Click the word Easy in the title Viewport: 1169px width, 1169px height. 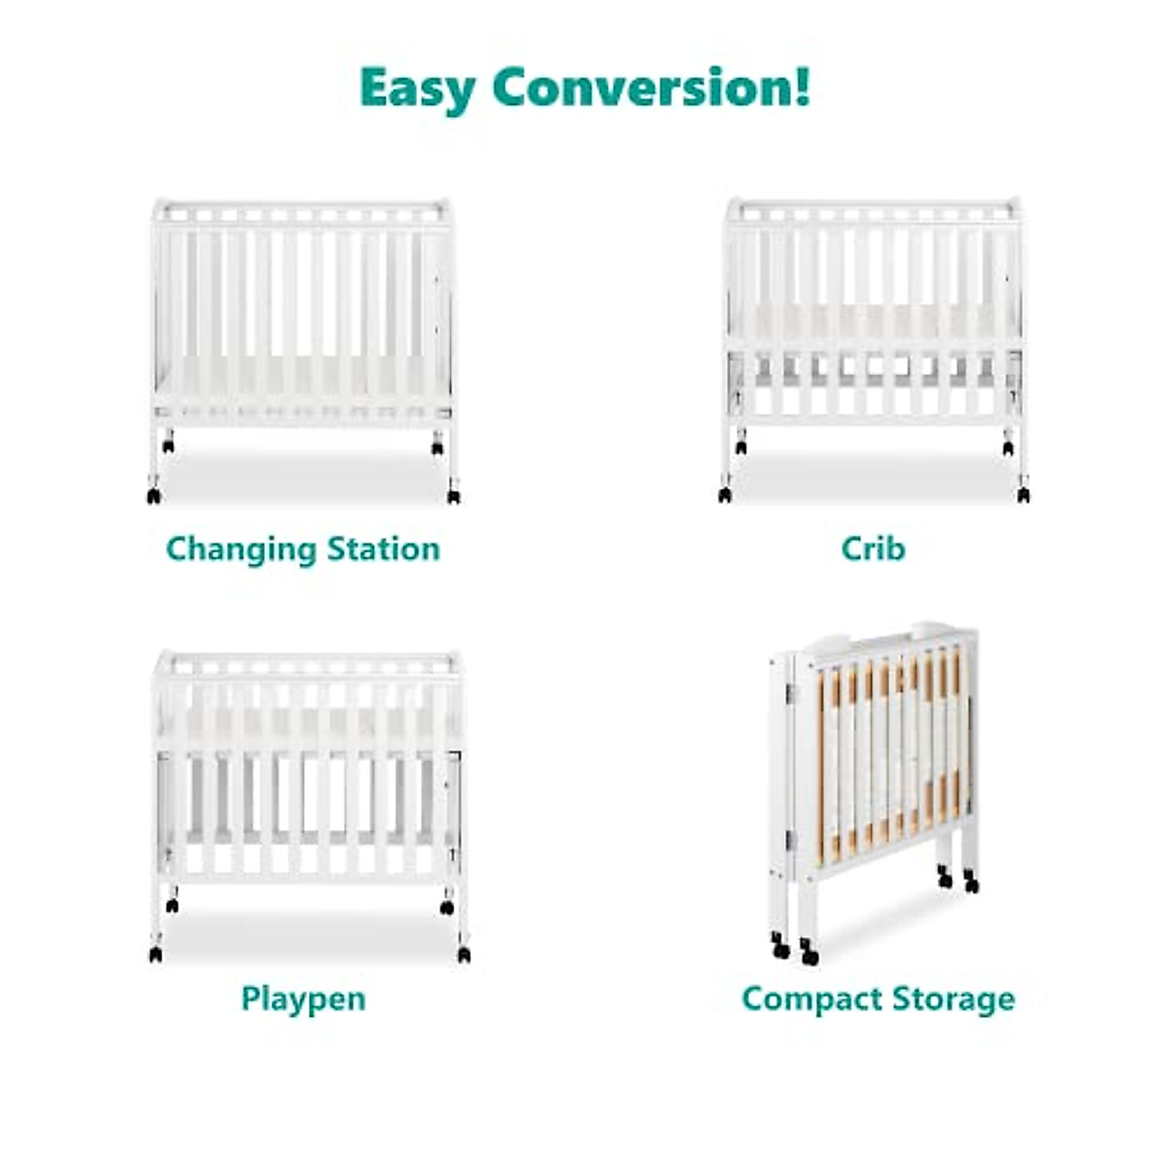[418, 89]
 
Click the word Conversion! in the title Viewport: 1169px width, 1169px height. [651, 88]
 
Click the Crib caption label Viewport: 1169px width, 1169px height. [873, 549]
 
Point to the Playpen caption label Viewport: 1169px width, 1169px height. [303, 999]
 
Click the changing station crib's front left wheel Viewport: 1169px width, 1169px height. [154, 496]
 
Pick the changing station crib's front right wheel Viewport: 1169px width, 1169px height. [453, 496]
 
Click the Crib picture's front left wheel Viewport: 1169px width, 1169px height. [725, 495]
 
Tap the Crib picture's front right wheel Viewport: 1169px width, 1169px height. [1023, 495]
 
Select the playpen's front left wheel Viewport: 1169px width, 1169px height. [156, 955]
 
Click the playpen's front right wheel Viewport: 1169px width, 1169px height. [464, 955]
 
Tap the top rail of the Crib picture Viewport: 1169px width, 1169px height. [874, 209]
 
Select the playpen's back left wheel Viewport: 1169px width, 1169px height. [172, 906]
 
